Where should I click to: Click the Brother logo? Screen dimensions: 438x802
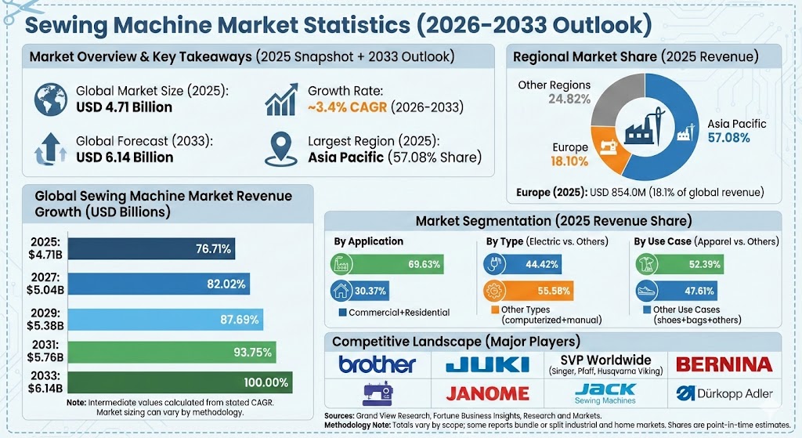tap(377, 364)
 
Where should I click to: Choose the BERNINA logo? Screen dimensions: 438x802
tap(724, 364)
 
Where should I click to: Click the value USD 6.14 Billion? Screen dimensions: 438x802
tap(124, 157)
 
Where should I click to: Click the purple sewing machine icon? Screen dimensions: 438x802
tap(377, 393)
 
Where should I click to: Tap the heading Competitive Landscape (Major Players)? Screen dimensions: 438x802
tap(456, 342)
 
